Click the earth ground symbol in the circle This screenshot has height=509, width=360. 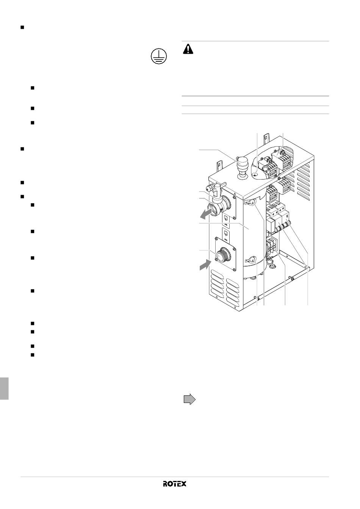click(159, 56)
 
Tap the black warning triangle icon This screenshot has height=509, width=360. click(188, 49)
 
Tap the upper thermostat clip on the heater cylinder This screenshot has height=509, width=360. click(250, 202)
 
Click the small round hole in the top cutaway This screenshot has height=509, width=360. click(256, 174)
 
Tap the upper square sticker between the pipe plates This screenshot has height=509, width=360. click(226, 219)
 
